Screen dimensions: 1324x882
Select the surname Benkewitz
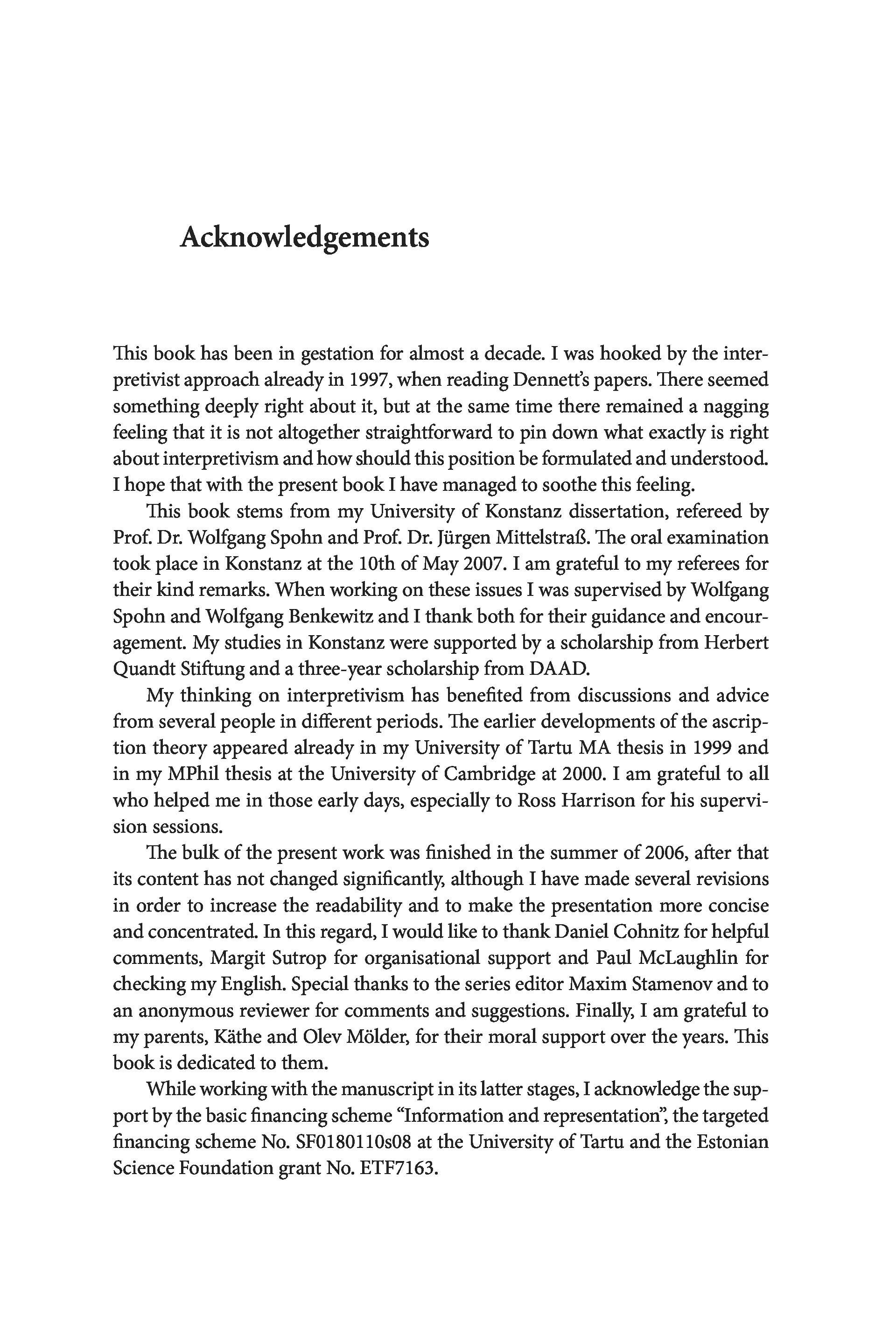pos(330,616)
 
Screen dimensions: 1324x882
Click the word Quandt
pos(144,669)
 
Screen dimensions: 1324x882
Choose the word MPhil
pos(194,774)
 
